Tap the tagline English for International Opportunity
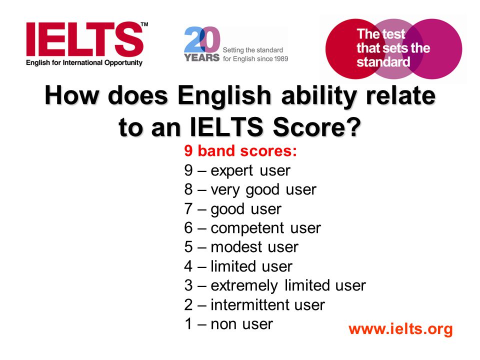84,63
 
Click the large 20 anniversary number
202,39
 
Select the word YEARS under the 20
201,57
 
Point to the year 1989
280,58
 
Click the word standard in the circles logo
383,62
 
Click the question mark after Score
354,126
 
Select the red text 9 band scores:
240,150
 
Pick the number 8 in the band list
188,189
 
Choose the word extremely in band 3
244,285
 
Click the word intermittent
250,304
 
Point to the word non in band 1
222,324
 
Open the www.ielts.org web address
400,329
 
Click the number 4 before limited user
188,266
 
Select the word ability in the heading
318,96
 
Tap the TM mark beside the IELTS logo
144,24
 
